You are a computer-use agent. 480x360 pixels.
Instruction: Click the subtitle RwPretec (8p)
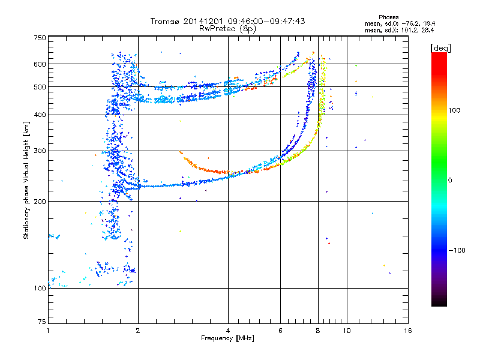(227, 29)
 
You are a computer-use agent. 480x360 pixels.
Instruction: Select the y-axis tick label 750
(40, 38)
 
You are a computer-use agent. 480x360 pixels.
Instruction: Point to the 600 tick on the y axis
(40, 64)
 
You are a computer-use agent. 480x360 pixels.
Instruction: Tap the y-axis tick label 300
(40, 151)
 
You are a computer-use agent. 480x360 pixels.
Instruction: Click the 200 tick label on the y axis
(40, 202)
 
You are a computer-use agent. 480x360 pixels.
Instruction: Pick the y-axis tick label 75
(42, 322)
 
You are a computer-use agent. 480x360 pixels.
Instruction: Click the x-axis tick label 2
(138, 331)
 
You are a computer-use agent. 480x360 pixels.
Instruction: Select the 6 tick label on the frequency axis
(280, 331)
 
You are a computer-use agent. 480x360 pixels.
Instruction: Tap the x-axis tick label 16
(408, 331)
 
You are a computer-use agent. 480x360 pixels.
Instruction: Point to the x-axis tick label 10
(347, 331)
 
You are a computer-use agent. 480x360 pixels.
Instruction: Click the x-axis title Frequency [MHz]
(227, 338)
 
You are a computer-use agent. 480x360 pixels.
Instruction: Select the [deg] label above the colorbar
(440, 48)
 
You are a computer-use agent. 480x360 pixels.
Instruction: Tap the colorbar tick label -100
(457, 250)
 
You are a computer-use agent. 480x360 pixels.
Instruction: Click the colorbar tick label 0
(450, 181)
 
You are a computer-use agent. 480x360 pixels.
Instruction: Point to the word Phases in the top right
(388, 17)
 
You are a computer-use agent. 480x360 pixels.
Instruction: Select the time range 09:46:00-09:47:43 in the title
(266, 21)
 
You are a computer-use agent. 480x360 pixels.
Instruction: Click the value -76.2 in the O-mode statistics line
(410, 23)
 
